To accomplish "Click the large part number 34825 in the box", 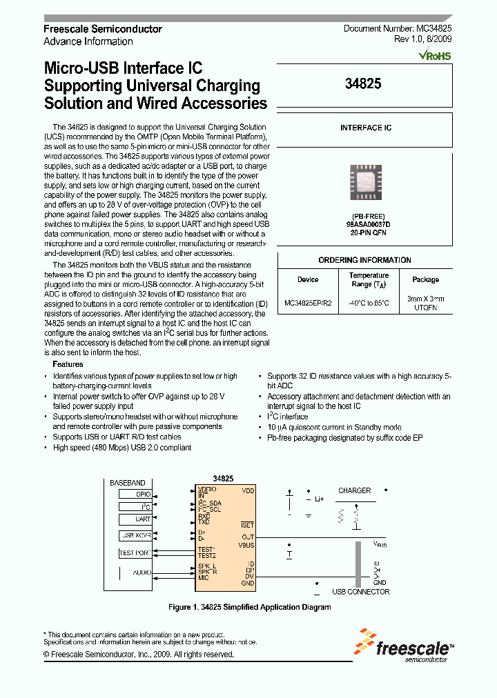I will (x=362, y=83).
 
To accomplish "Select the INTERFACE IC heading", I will (x=365, y=128).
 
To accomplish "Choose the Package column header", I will (x=425, y=279).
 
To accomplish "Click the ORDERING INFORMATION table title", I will (x=365, y=260).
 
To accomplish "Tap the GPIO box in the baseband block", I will (x=135, y=494).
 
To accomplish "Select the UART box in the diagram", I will (x=135, y=519).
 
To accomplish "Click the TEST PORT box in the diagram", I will (x=135, y=552).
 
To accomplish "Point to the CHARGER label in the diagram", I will (x=354, y=491).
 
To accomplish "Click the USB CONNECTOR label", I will (x=360, y=592).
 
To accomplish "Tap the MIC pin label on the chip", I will (x=204, y=577).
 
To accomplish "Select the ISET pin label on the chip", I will (x=247, y=526).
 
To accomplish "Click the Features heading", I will (x=68, y=364).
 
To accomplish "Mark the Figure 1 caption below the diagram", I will (x=250, y=608).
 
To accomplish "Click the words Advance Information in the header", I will (x=88, y=41).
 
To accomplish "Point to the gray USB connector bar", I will (x=358, y=563).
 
